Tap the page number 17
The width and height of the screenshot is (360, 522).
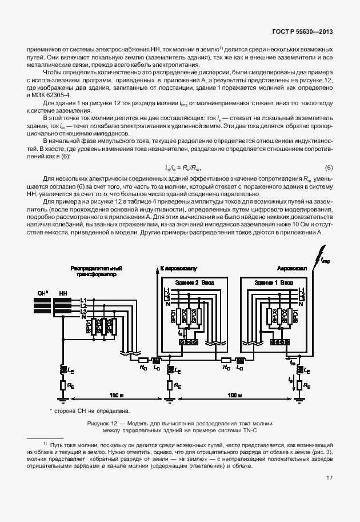point(330,478)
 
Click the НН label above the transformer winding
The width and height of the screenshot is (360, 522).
point(62,293)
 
